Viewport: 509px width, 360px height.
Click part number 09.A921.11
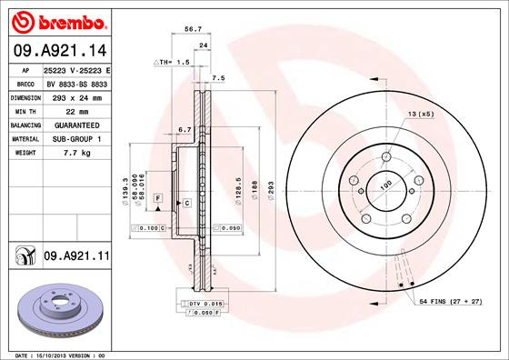[76, 258]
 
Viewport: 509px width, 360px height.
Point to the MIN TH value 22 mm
[76, 109]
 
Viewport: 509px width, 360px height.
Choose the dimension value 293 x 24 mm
[76, 95]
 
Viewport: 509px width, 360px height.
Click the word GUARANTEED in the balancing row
[76, 124]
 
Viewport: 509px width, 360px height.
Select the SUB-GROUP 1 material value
[76, 138]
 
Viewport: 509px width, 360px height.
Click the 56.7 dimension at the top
[193, 29]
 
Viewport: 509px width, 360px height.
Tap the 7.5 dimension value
[218, 78]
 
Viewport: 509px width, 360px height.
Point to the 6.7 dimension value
[184, 129]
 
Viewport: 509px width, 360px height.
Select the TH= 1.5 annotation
[171, 63]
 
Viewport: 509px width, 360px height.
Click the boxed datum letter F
[157, 197]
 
